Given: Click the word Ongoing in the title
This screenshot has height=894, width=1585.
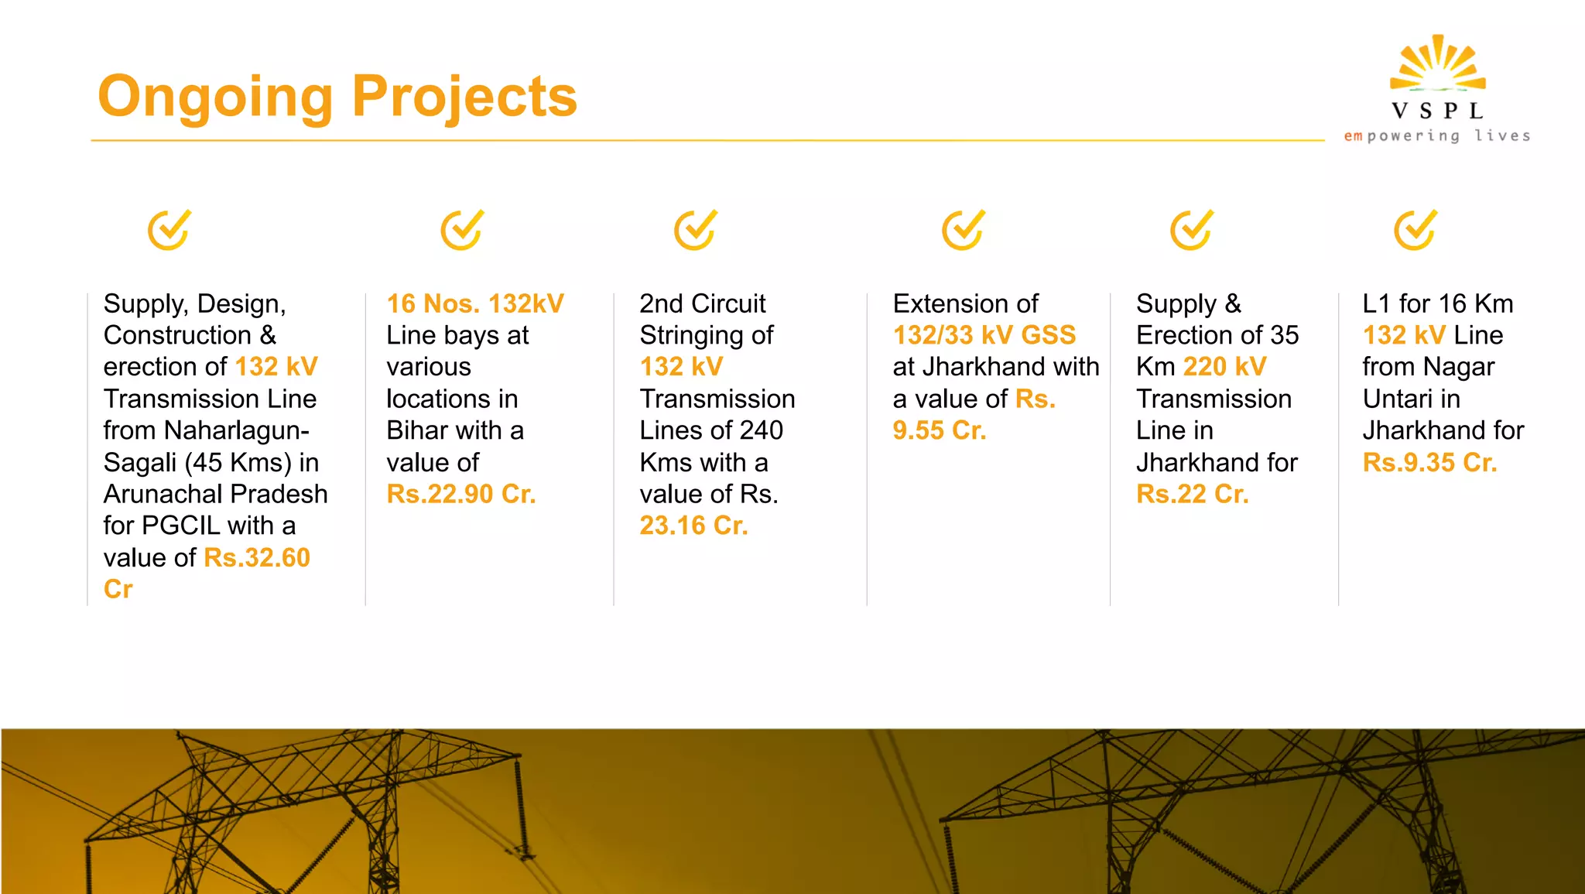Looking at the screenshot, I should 214,97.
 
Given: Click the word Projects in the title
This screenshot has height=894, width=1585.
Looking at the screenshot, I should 464,97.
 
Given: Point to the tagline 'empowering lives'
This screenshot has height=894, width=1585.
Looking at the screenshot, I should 1437,136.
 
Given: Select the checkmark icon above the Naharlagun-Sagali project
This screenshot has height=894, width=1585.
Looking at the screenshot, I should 169,230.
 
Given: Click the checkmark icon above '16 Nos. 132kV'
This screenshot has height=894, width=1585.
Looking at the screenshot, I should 462,230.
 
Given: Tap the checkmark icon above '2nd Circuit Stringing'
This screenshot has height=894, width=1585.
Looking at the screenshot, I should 695,230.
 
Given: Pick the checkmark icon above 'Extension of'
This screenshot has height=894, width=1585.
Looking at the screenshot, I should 963,230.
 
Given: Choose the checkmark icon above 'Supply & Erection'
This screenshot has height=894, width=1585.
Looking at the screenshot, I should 1191,230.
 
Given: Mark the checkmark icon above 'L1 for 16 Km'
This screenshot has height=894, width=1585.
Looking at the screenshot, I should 1416,230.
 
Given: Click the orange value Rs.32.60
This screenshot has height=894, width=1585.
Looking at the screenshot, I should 256,557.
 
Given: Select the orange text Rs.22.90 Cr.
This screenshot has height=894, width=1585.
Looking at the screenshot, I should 461,494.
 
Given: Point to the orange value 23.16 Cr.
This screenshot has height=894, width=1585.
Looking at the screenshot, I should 693,526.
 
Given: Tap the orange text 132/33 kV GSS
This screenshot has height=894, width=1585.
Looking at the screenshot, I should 984,335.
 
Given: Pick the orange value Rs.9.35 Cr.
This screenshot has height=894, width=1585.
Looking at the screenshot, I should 1429,463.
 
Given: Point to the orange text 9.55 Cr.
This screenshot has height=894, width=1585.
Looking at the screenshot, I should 940,430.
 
